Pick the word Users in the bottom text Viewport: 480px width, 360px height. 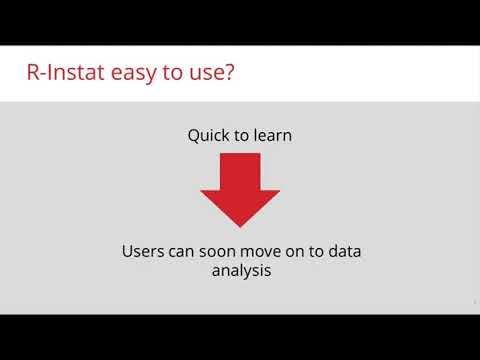143,251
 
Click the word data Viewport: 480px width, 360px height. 344,251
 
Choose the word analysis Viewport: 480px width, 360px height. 240,270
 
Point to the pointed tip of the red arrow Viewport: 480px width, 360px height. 240,224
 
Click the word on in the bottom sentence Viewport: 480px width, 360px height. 297,251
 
